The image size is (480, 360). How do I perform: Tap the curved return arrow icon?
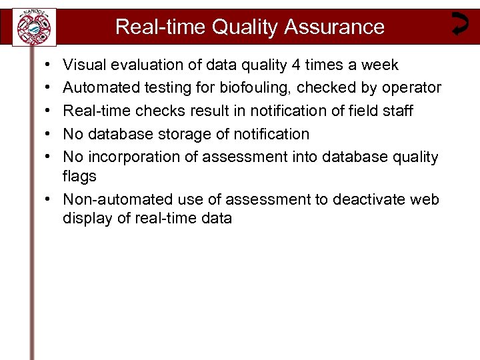(459, 23)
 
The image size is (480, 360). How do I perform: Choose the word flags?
(79, 177)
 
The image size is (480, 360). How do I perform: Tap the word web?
(425, 199)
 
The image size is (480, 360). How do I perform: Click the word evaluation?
(146, 65)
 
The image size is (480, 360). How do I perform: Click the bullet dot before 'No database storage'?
(41, 134)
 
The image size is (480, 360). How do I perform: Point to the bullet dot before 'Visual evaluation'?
(41, 65)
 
